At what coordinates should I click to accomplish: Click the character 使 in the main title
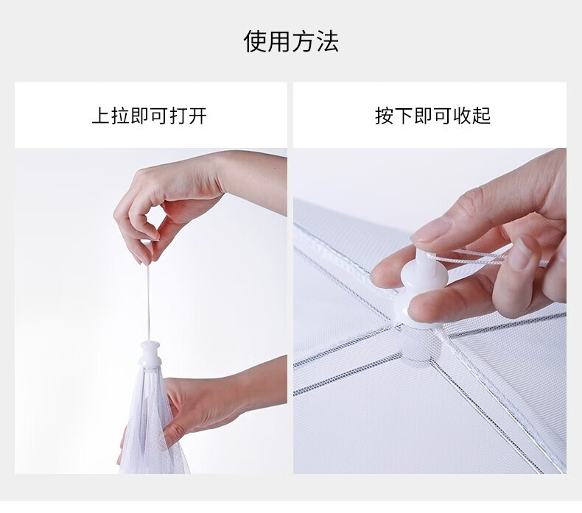tap(255, 41)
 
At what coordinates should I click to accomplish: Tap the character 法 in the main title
tap(327, 41)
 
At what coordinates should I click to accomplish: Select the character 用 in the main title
tap(278, 41)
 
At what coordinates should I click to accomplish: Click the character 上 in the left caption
tap(101, 116)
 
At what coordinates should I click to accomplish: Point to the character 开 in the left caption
tap(197, 116)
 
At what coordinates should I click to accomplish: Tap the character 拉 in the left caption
tap(120, 116)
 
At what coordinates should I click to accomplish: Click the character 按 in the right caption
tap(385, 116)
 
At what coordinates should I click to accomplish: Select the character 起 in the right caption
tap(481, 116)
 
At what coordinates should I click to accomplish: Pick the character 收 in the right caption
tap(462, 116)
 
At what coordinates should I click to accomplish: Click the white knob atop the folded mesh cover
tap(150, 355)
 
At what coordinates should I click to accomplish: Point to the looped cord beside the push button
tap(483, 257)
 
